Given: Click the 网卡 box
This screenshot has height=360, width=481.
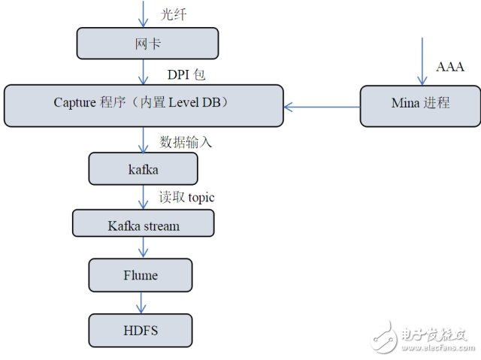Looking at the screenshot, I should coord(148,43).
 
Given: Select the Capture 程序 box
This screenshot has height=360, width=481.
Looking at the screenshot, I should coord(143,105).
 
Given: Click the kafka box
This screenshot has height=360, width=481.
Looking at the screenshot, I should coord(143,168).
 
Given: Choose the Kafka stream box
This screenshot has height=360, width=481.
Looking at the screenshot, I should coord(143,223).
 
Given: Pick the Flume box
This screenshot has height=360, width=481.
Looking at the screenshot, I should coord(141,275).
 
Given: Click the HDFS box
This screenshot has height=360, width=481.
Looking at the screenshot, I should coord(141,329).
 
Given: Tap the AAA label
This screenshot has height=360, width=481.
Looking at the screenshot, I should coord(450,67).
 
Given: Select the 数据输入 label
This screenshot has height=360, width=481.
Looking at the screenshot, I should coord(186,141).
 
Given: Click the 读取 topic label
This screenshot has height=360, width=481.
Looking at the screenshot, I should coord(186,197).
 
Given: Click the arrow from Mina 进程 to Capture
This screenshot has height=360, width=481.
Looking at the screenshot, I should coord(322,107).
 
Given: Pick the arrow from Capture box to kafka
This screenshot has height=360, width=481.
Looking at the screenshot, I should coord(143,139).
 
